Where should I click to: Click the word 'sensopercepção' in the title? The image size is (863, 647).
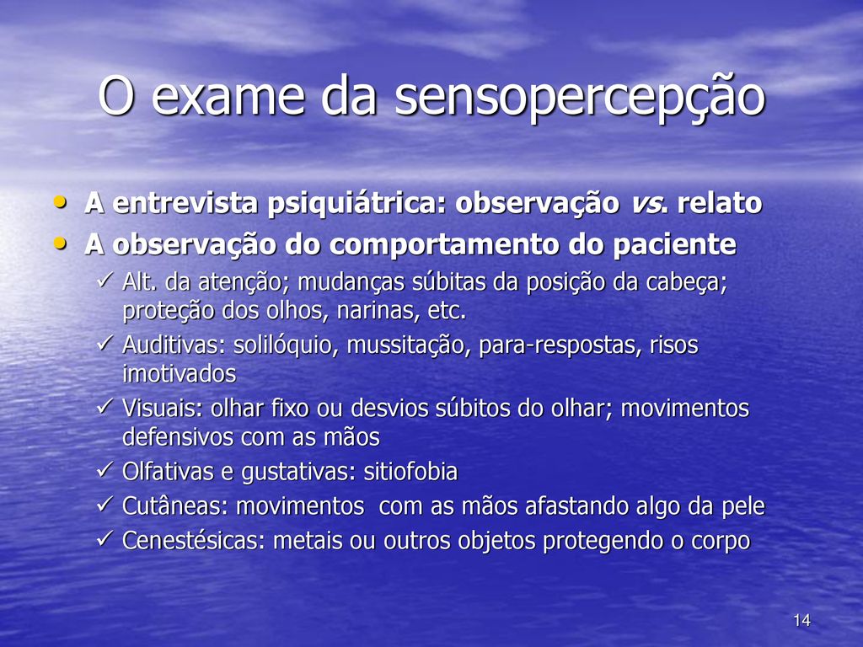pyautogui.click(x=580, y=98)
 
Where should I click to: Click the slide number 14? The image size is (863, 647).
pyautogui.click(x=802, y=620)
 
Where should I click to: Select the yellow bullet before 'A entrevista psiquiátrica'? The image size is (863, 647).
pyautogui.click(x=60, y=202)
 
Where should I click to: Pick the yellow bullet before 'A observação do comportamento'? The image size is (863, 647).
pyautogui.click(x=60, y=243)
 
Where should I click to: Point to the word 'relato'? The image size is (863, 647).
pyautogui.click(x=720, y=202)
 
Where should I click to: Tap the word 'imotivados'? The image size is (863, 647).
pyautogui.click(x=179, y=374)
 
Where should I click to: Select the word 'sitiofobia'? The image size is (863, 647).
pyautogui.click(x=410, y=472)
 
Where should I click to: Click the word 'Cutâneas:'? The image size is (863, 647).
pyautogui.click(x=175, y=506)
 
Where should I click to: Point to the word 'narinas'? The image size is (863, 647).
pyautogui.click(x=377, y=312)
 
